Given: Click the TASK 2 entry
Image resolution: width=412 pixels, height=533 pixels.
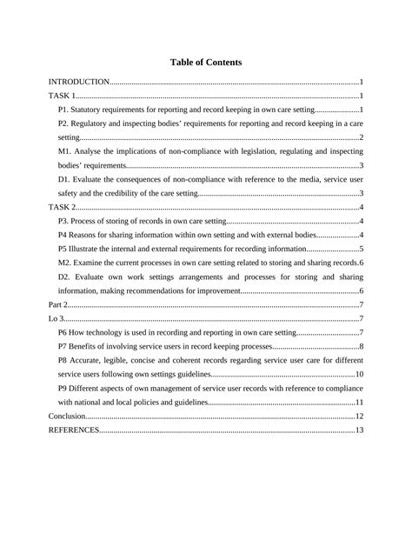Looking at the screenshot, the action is pyautogui.click(x=63, y=207).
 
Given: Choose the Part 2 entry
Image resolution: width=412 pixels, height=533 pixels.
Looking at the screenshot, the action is pyautogui.click(x=58, y=304).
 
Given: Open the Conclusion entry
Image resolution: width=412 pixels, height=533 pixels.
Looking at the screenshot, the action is pyautogui.click(x=68, y=416).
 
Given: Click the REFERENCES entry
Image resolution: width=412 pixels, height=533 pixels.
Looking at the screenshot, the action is pyautogui.click(x=74, y=430).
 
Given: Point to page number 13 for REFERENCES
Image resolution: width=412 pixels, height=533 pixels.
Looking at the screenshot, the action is pyautogui.click(x=358, y=430).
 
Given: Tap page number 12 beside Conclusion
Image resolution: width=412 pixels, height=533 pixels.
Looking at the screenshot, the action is pyautogui.click(x=358, y=416).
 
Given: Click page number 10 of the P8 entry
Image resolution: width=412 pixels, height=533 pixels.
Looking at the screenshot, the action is pyautogui.click(x=358, y=375).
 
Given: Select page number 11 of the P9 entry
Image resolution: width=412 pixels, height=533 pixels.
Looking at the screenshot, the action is pyautogui.click(x=358, y=403).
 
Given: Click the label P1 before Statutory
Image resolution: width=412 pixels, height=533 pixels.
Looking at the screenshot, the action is pyautogui.click(x=64, y=110).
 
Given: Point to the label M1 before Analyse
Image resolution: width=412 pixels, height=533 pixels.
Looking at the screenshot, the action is pyautogui.click(x=65, y=151).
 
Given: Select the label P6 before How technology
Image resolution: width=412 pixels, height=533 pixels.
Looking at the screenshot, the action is pyautogui.click(x=63, y=332).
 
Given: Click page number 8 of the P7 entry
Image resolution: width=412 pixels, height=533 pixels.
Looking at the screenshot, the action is pyautogui.click(x=361, y=346).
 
